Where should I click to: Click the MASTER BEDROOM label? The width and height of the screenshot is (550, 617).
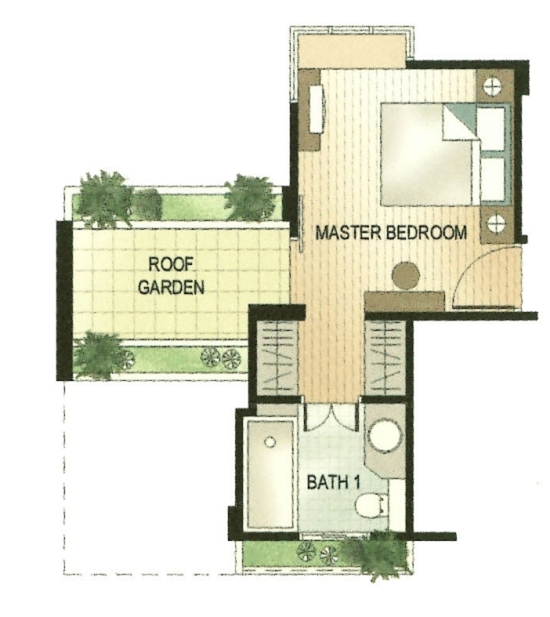pyautogui.click(x=391, y=233)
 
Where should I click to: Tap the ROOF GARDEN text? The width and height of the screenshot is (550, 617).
pyautogui.click(x=171, y=276)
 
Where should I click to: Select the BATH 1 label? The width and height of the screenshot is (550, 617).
pyautogui.click(x=333, y=482)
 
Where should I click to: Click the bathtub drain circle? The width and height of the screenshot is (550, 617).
pyautogui.click(x=269, y=442)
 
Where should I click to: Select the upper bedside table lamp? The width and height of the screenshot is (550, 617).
pyautogui.click(x=492, y=86)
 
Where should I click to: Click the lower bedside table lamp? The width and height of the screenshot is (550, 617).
pyautogui.click(x=496, y=224)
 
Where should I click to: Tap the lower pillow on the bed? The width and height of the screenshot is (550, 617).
pyautogui.click(x=493, y=179)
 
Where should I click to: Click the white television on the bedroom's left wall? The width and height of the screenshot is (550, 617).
pyautogui.click(x=316, y=109)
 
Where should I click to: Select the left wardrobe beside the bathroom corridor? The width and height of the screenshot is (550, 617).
pyautogui.click(x=277, y=358)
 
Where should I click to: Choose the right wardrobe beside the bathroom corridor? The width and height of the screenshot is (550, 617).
pyautogui.click(x=386, y=358)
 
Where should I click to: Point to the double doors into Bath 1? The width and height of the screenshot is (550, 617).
pyautogui.click(x=332, y=416)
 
